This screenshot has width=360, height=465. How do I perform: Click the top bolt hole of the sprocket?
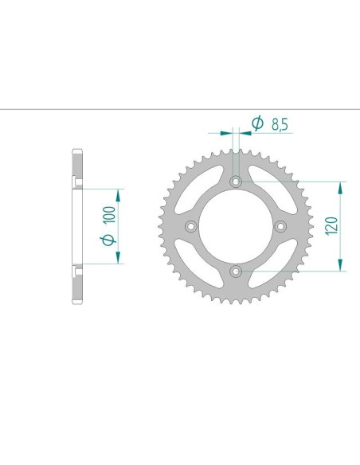[x=235, y=182]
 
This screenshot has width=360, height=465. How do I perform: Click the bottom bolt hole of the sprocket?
[x=235, y=272]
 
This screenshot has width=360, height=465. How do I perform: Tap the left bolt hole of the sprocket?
[x=190, y=227]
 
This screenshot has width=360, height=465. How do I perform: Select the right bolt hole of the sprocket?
[x=280, y=227]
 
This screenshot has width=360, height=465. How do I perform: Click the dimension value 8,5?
[x=280, y=124]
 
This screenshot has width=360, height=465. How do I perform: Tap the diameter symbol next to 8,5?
[x=257, y=123]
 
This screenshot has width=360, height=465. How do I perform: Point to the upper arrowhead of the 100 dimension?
[x=119, y=193]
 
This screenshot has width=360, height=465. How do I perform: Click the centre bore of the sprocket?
[x=235, y=227]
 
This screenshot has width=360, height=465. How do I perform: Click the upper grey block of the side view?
[x=77, y=167]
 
